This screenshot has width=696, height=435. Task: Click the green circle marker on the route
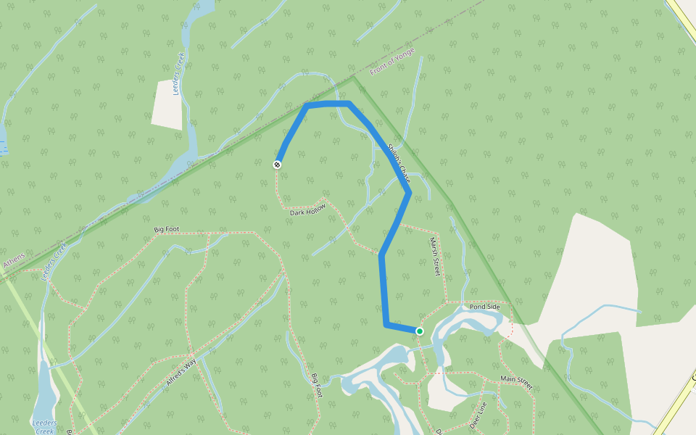[419, 331]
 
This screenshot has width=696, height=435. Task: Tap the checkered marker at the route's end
[277, 165]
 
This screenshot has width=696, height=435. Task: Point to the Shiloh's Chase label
[399, 163]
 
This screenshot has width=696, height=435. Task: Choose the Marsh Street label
[434, 256]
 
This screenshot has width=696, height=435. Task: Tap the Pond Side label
[484, 307]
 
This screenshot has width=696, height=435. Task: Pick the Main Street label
[516, 382]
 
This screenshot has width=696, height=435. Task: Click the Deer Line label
[476, 414]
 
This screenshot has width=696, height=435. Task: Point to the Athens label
[13, 261]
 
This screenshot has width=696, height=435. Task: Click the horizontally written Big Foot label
[166, 230]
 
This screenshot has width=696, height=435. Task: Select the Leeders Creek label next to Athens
[54, 261]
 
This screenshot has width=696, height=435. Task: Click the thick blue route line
[382, 290]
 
